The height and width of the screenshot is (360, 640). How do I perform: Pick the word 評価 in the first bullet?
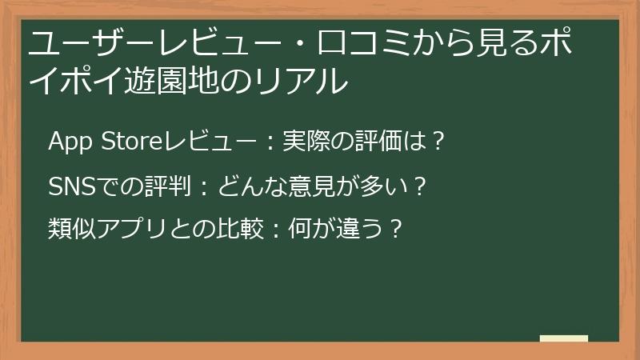pos(372,142)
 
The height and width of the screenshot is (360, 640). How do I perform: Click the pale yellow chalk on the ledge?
pos(563,338)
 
